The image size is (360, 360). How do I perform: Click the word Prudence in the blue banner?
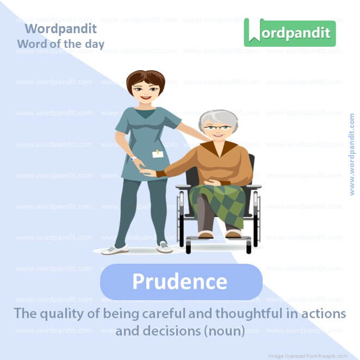(x=180, y=282)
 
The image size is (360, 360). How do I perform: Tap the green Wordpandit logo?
(x=290, y=33)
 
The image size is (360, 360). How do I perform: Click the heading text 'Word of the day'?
(x=60, y=44)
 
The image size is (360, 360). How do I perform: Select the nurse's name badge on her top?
(x=158, y=154)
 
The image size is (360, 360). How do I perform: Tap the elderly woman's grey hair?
(x=217, y=117)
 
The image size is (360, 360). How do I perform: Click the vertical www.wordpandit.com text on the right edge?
(x=352, y=154)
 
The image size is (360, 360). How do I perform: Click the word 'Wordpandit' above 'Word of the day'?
(x=61, y=28)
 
